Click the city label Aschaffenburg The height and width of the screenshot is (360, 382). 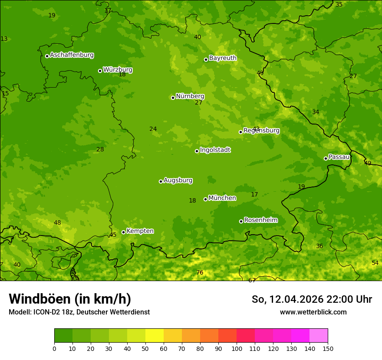tap(72, 55)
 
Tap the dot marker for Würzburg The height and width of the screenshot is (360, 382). tap(100, 71)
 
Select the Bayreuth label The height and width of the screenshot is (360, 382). tap(223, 58)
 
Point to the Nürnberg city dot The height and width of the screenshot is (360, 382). tap(173, 98)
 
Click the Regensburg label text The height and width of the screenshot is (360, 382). tap(261, 131)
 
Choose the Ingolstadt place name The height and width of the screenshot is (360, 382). tap(215, 150)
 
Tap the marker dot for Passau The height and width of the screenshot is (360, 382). tap(326, 158)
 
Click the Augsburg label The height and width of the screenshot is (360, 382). tap(178, 180)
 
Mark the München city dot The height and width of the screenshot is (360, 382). tap(205, 199)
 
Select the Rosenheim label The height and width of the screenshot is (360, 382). tap(260, 220)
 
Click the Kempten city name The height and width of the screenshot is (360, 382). tap(140, 231)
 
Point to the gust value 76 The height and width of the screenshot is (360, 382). tap(200, 272)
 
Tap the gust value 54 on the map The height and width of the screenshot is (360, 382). tap(375, 263)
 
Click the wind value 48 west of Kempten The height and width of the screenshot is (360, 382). tap(57, 223)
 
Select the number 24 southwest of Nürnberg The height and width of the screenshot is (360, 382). tap(153, 129)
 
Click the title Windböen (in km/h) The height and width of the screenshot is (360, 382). tap(69, 299)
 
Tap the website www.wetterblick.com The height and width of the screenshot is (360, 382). tap(313, 312)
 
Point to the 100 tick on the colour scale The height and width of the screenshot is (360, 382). tap(237, 348)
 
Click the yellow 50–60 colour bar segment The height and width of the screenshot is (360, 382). tap(155, 335)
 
